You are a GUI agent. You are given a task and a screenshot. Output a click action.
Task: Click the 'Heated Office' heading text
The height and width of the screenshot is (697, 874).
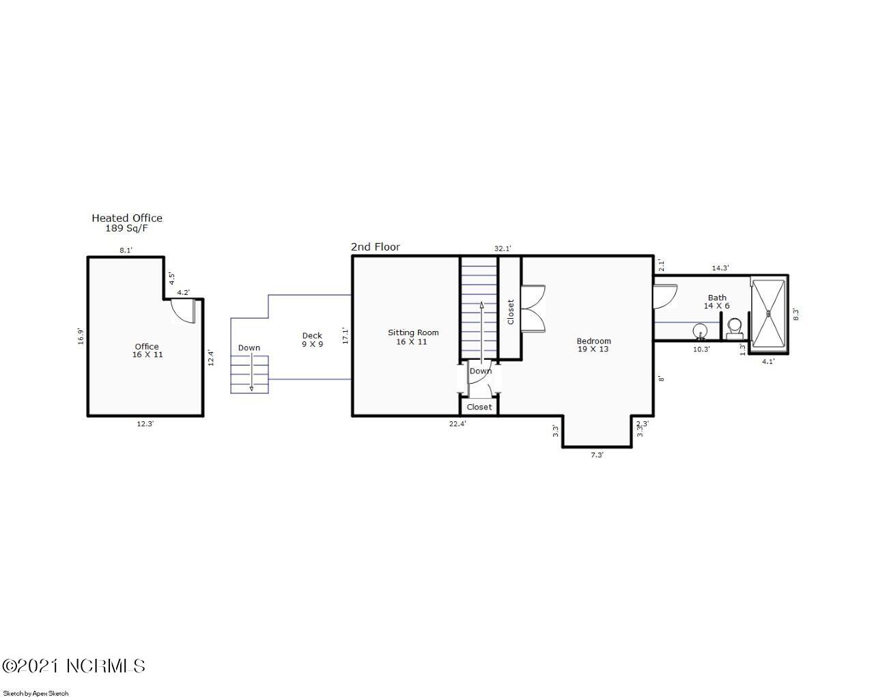127,218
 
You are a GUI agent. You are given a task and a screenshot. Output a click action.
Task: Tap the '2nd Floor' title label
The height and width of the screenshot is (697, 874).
375,247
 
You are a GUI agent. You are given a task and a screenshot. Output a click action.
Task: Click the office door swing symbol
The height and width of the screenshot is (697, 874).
183,311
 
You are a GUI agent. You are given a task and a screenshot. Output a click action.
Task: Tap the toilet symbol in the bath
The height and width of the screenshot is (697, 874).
735,328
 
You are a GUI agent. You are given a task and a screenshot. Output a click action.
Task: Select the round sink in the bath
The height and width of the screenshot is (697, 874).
700,332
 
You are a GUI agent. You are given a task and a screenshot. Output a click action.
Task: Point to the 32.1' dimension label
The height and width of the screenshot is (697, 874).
503,249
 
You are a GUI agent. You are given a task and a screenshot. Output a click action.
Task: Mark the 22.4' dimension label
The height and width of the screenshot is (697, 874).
457,424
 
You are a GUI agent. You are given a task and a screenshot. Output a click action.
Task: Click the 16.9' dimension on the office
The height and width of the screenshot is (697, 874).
81,336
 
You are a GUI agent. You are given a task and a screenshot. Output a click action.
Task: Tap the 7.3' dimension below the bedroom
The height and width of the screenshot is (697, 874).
597,455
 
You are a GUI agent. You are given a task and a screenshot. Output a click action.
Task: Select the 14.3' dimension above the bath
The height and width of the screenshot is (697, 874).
720,268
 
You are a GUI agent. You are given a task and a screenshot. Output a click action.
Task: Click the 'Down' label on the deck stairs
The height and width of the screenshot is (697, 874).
249,348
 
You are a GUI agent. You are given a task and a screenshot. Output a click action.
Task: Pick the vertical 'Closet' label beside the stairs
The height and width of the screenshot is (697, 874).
510,312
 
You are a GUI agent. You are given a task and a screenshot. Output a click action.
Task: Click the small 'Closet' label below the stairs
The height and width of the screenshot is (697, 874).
479,407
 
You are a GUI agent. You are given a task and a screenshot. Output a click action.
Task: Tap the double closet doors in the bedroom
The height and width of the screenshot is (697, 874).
534,308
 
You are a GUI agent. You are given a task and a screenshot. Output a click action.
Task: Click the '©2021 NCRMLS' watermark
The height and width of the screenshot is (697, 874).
74,666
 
